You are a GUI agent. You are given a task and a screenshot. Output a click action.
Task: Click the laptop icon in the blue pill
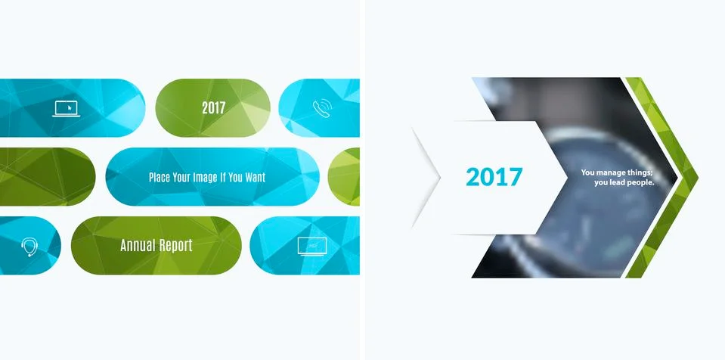(67, 109)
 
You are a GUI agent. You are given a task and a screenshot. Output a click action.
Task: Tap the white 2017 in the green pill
(213, 108)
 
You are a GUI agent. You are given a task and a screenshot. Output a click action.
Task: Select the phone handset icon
(321, 108)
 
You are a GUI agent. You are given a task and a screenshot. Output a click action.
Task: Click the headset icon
(29, 247)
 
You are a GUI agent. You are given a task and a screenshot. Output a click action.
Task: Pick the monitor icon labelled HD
(311, 246)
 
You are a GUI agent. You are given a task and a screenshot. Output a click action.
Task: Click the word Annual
(137, 246)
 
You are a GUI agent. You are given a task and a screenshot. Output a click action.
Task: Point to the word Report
(175, 246)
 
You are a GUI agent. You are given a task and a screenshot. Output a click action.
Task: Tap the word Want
(253, 178)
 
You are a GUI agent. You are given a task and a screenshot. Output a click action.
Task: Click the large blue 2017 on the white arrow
(494, 177)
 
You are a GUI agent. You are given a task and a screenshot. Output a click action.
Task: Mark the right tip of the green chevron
(696, 178)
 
